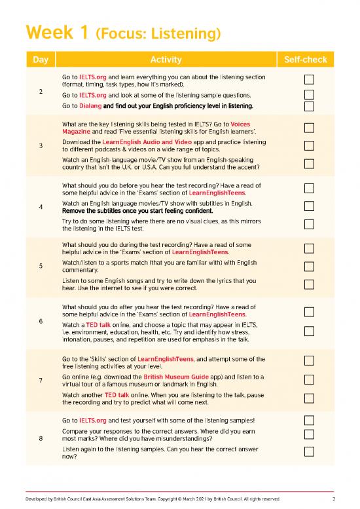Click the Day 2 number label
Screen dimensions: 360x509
[41, 92]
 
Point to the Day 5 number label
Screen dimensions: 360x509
[41, 265]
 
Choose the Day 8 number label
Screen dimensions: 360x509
[41, 439]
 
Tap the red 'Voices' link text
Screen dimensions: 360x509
[240, 124]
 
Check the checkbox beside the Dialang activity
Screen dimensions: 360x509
[310, 106]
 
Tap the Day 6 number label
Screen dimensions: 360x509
[41, 321]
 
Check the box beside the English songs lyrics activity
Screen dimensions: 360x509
[310, 284]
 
